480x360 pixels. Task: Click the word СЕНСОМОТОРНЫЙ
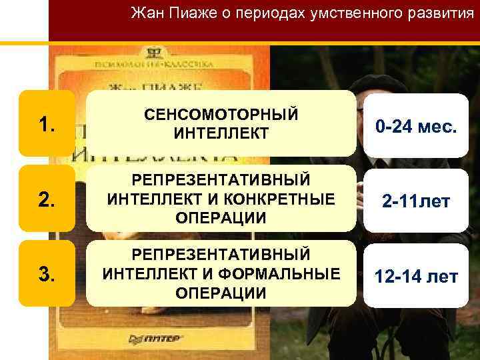(x=221, y=114)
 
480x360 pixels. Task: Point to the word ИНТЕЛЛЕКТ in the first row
(x=221, y=134)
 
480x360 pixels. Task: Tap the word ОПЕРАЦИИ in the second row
(x=221, y=218)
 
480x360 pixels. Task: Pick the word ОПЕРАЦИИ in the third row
(x=221, y=293)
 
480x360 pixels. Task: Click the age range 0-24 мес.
(x=416, y=125)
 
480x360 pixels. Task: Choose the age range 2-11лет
(x=416, y=200)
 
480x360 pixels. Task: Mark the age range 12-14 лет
(x=416, y=275)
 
